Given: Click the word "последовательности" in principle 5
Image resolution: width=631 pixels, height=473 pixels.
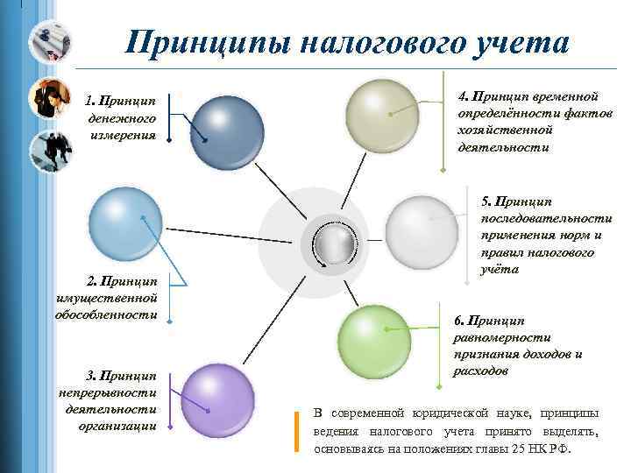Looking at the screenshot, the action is [x=546, y=219].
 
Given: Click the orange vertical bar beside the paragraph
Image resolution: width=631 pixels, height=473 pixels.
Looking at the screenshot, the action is [x=297, y=432].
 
